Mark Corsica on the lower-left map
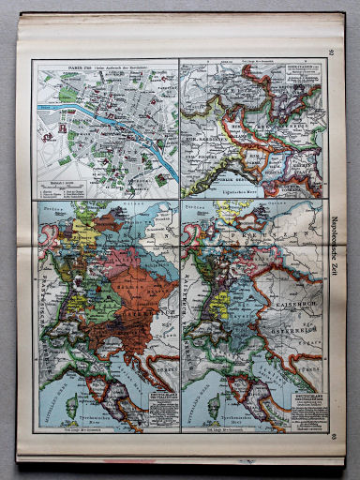tap(71, 404)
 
